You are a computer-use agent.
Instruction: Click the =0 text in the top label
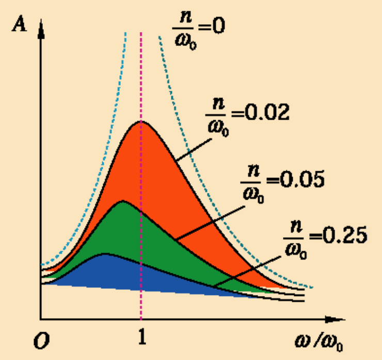[210, 26]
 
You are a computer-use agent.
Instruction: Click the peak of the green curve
[122, 201]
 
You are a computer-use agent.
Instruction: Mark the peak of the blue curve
[105, 254]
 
